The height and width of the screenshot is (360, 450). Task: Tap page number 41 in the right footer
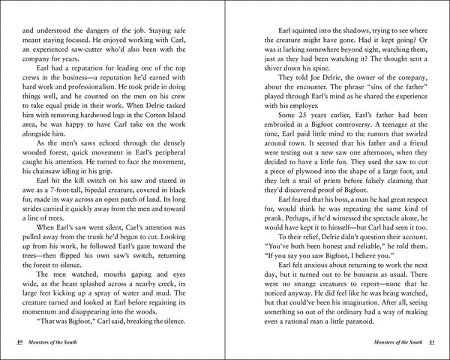pyautogui.click(x=431, y=343)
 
